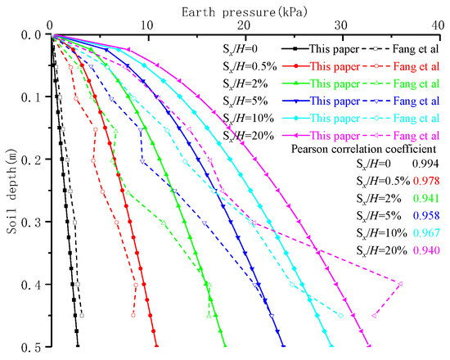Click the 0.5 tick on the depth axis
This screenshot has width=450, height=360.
(x=34, y=347)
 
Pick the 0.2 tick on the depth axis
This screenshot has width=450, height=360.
(x=34, y=160)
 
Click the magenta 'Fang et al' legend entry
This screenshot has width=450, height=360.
(x=417, y=134)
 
